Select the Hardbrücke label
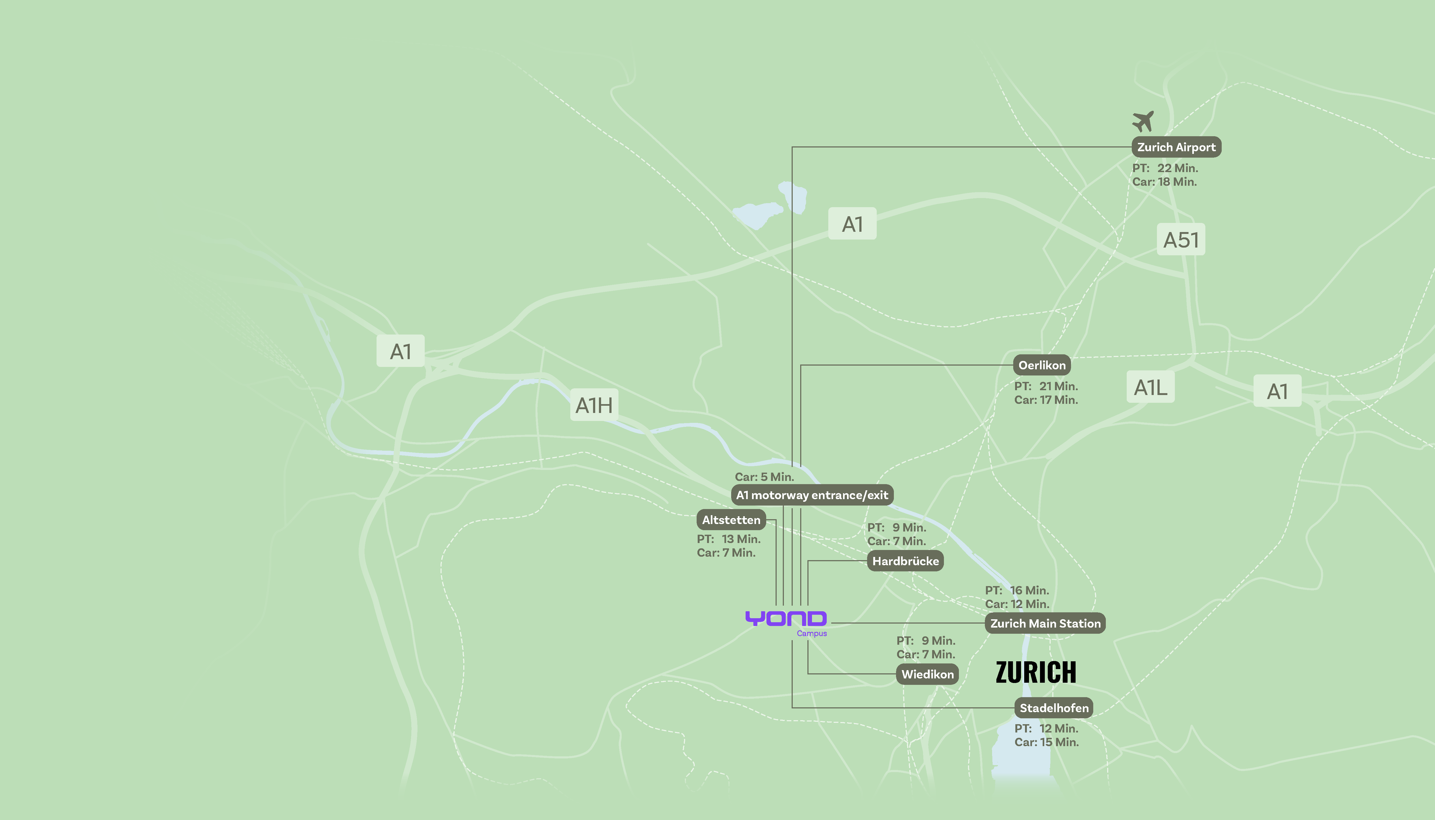[x=905, y=561]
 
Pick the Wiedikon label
[x=927, y=674]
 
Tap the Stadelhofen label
[x=1054, y=708]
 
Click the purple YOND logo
[x=786, y=618]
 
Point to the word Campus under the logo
[x=811, y=633]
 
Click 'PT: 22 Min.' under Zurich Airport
[x=1165, y=168]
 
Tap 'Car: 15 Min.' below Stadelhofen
[x=1046, y=742]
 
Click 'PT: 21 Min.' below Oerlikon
[x=1046, y=386]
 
